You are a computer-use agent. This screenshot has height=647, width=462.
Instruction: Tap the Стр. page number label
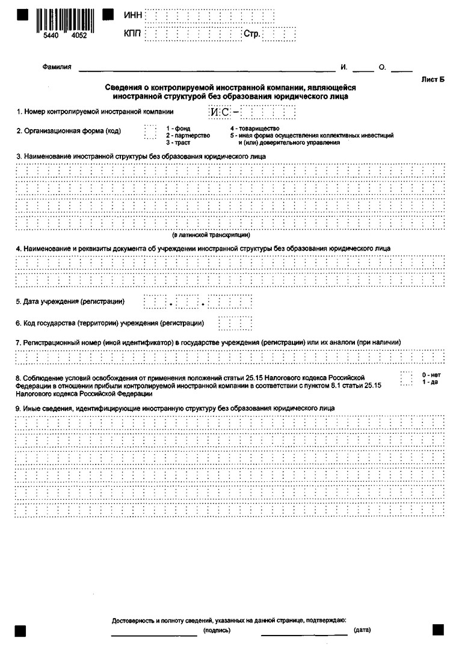pyautogui.click(x=252, y=34)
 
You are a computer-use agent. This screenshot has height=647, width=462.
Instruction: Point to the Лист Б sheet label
pyautogui.click(x=434, y=79)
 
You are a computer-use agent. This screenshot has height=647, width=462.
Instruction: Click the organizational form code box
pyautogui.click(x=150, y=131)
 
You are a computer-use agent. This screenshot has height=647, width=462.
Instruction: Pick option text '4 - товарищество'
pyautogui.click(x=254, y=129)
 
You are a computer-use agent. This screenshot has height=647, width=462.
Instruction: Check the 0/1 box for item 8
pyautogui.click(x=406, y=378)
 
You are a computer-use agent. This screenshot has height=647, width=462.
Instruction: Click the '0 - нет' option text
pyautogui.click(x=431, y=375)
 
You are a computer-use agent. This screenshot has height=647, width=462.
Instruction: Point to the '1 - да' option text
pyautogui.click(x=430, y=382)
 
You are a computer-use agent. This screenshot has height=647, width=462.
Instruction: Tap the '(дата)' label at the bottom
pyautogui.click(x=362, y=630)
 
